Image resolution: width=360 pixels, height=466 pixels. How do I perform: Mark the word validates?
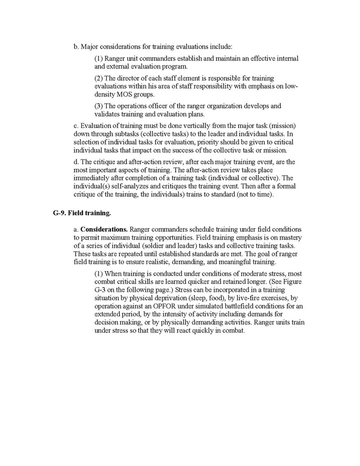pos(110,114)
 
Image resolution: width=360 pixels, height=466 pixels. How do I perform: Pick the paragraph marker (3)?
pos(99,106)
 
